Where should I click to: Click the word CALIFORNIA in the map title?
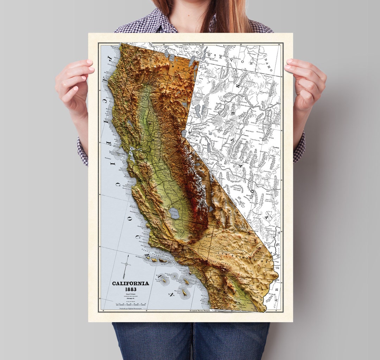click(x=131, y=283)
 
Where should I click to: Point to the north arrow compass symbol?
click(x=126, y=266)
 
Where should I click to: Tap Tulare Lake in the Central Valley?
click(x=174, y=212)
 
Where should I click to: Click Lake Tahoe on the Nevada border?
click(x=184, y=133)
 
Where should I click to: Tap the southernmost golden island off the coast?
click(x=184, y=292)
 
